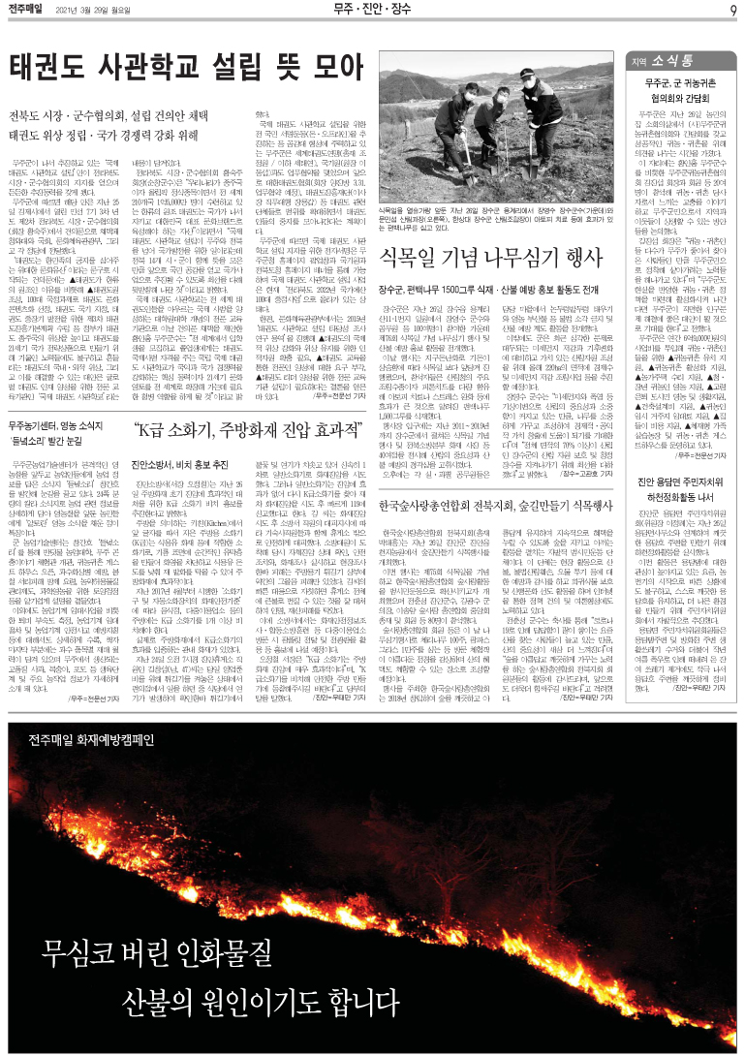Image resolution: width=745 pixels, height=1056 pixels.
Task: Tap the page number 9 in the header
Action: pyautogui.click(x=734, y=10)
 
